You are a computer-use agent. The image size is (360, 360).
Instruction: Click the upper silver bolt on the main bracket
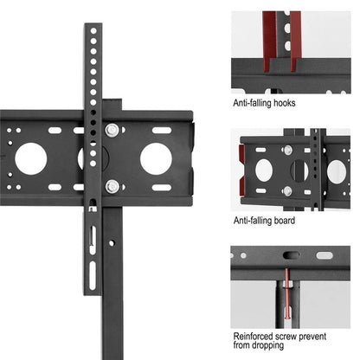click(112, 130)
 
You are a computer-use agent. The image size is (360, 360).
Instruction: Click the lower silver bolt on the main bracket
click(112, 185)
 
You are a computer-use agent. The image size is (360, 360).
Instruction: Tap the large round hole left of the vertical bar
click(31, 158)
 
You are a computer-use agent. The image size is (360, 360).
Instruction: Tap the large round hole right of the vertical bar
click(156, 157)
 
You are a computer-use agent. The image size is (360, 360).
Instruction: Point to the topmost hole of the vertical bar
click(93, 32)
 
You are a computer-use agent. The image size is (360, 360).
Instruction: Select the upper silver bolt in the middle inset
click(286, 150)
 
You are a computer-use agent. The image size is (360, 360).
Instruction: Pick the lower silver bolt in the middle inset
click(286, 190)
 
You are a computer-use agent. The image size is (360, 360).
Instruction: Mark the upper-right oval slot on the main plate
click(162, 130)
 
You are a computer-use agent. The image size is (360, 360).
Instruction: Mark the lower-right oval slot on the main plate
click(162, 187)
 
